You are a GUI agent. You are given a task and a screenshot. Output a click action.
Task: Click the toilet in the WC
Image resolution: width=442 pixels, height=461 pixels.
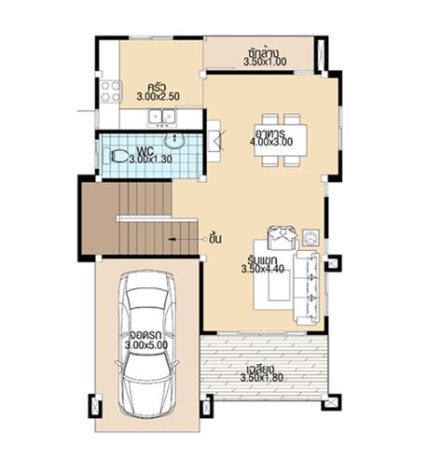116,157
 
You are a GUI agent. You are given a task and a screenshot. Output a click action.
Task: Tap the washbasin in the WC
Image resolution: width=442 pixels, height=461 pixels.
174,141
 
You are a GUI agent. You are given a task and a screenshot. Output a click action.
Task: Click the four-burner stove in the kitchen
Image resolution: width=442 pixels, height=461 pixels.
110,91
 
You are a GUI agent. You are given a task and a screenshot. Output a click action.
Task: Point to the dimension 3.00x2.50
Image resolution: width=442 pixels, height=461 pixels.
158,96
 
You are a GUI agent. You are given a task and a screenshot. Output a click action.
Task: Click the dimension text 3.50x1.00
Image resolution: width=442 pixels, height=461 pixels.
265,62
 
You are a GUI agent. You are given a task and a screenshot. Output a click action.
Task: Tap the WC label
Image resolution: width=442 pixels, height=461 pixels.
145,152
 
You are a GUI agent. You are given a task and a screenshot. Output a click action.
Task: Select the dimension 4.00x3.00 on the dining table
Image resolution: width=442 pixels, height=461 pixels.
271,142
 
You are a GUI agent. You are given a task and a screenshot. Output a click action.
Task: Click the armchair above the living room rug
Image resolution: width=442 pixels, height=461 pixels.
282,238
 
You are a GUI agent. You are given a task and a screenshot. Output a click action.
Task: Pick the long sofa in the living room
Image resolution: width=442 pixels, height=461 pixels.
306,287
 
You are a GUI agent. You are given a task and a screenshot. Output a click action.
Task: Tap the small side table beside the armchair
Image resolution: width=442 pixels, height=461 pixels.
311,238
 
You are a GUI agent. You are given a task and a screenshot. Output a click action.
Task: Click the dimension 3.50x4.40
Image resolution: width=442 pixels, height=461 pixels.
263,269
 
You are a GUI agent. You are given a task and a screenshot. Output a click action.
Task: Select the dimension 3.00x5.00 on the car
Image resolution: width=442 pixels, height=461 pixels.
146,344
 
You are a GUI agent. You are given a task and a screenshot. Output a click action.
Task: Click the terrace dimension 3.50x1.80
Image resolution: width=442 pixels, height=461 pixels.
262,378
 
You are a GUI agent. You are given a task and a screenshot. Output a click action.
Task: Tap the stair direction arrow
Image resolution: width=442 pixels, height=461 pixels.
186,239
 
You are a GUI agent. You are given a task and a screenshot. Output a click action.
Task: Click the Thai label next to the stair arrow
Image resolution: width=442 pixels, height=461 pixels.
215,239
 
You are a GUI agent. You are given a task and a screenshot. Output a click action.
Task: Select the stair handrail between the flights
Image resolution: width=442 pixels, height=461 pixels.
157,218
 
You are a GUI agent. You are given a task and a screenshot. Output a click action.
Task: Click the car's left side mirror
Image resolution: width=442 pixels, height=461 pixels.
117,364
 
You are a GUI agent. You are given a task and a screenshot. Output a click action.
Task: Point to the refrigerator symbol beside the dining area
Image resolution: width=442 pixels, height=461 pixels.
214,141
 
